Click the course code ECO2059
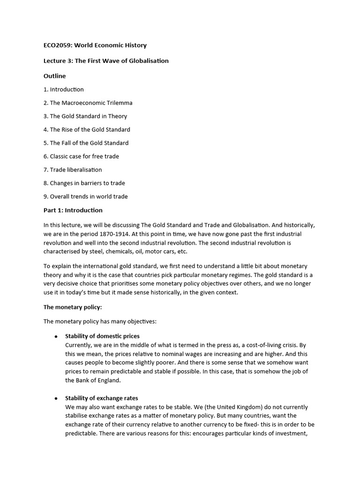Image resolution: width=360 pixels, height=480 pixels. click(x=57, y=45)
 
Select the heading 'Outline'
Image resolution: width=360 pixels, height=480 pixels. click(x=54, y=76)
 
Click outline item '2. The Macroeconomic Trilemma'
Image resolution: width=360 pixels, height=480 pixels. click(x=88, y=103)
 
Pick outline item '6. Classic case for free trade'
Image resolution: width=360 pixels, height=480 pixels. click(x=81, y=156)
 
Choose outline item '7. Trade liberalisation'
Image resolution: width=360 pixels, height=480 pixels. click(x=73, y=170)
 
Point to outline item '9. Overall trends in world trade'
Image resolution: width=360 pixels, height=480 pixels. click(x=85, y=196)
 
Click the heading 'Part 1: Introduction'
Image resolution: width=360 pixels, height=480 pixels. click(x=73, y=210)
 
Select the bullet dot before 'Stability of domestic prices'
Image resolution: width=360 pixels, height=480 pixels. click(x=56, y=337)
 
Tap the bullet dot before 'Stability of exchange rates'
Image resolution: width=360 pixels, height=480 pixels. click(x=56, y=398)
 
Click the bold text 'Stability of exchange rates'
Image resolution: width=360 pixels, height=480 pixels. click(x=101, y=398)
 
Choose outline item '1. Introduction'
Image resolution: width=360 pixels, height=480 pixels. click(x=64, y=90)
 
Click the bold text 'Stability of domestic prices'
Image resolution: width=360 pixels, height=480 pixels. click(x=102, y=336)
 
